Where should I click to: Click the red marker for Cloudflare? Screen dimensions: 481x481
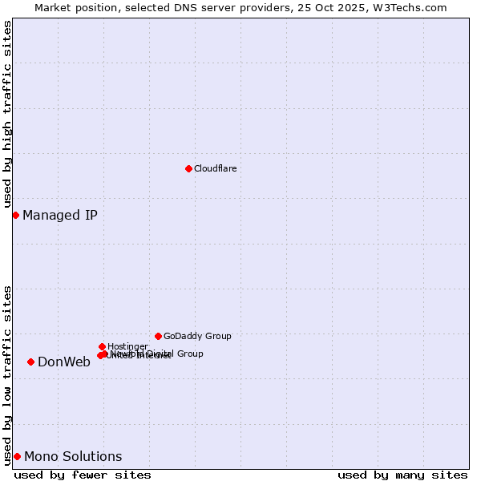click(x=188, y=168)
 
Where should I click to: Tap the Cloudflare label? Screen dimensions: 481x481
click(x=215, y=168)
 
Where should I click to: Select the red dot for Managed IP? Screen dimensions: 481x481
click(x=15, y=215)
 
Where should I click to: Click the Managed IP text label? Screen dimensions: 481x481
click(x=60, y=215)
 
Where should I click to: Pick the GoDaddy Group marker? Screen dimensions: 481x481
click(x=158, y=336)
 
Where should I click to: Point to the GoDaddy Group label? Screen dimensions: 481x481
click(x=197, y=336)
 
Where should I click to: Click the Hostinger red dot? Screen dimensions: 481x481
click(x=102, y=346)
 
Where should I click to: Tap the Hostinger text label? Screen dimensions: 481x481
click(x=127, y=346)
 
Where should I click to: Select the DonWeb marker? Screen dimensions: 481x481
click(x=30, y=362)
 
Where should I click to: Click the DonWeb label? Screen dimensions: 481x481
click(x=64, y=362)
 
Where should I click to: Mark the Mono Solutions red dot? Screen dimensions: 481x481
click(x=17, y=456)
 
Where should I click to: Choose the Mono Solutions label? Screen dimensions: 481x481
click(x=73, y=457)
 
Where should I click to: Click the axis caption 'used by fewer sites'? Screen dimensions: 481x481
click(x=83, y=475)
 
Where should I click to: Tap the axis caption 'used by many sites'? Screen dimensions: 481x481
click(x=402, y=475)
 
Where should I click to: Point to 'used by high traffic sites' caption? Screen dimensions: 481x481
click(x=7, y=115)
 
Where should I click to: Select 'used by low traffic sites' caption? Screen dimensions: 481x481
click(x=7, y=374)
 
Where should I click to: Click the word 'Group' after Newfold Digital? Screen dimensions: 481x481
click(x=189, y=354)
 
